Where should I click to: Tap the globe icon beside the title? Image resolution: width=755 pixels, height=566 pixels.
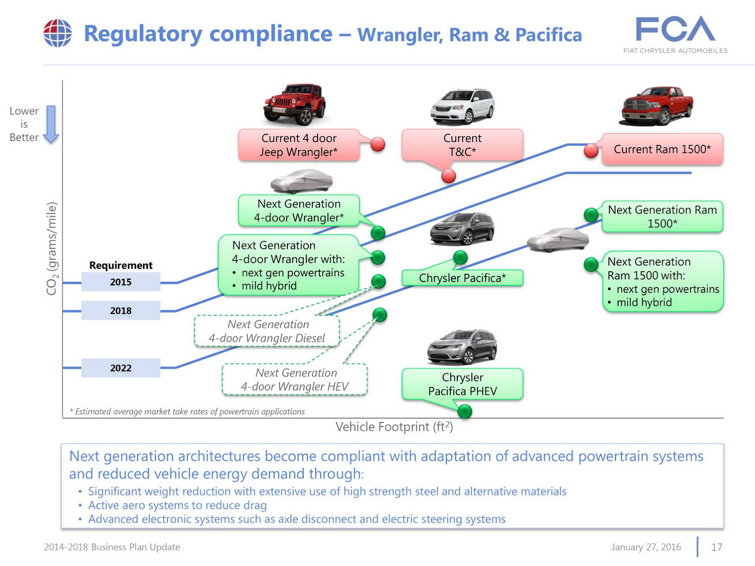tap(58, 33)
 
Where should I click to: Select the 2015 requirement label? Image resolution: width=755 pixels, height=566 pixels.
tap(121, 282)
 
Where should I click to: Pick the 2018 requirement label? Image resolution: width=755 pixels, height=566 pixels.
tap(121, 311)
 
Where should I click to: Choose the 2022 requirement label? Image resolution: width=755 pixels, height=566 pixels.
tap(121, 368)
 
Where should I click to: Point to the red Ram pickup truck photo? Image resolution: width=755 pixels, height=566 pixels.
tap(657, 106)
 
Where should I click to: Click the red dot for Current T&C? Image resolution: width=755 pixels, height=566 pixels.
tap(448, 176)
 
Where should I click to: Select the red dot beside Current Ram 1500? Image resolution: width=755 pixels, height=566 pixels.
tap(591, 151)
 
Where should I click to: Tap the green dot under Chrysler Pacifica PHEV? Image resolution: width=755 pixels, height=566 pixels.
tap(465, 411)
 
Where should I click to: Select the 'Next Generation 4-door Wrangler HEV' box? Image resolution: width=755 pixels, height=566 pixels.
tap(295, 380)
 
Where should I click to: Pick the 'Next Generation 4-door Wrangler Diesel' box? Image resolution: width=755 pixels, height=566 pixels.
tap(267, 331)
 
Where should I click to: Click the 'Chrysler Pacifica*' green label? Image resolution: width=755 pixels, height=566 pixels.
tap(462, 278)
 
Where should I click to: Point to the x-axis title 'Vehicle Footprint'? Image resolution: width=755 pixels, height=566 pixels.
tap(394, 427)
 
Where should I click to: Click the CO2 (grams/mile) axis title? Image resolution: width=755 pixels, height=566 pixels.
tap(52, 249)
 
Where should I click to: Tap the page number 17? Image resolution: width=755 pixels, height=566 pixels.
tap(717, 547)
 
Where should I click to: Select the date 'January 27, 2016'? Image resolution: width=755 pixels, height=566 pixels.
tap(646, 547)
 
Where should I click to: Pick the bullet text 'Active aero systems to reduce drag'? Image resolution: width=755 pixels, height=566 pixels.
tap(177, 505)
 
